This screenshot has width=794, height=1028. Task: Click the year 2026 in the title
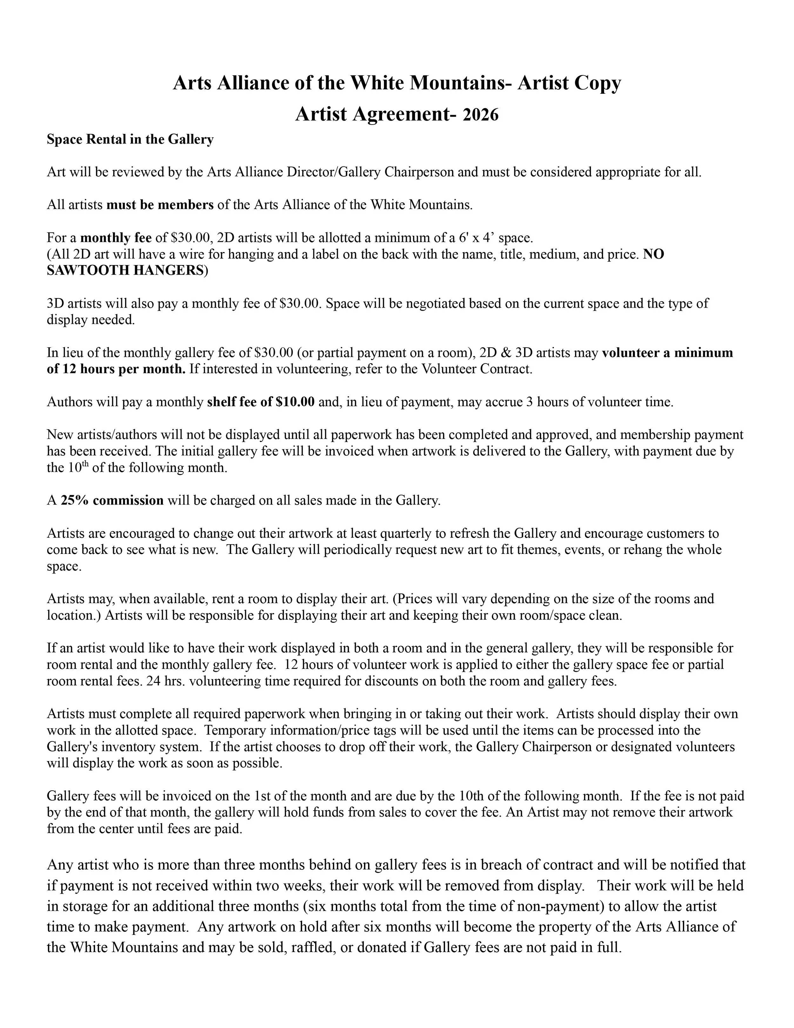(x=480, y=115)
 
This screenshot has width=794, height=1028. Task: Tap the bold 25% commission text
(x=112, y=500)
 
